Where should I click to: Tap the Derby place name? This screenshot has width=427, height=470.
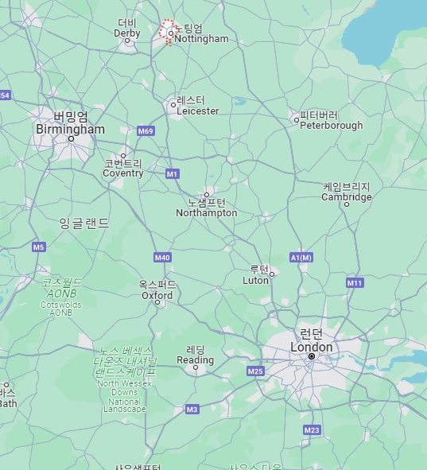point(127,33)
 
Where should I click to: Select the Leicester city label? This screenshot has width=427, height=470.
point(197,111)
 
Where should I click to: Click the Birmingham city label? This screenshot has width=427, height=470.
point(70,129)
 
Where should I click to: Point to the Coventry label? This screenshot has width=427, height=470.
point(123,173)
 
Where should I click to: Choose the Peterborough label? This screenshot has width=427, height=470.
point(331,125)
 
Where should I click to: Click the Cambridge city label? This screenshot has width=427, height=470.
point(347,196)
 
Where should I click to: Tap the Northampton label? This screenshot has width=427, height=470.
point(207,212)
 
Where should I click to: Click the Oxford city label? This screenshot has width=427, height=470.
point(157,295)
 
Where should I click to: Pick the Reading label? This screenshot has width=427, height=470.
point(195,359)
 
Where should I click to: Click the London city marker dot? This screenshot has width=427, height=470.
point(312,356)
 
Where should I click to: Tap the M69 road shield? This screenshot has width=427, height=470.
point(145,130)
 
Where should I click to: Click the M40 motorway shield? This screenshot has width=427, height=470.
point(162,257)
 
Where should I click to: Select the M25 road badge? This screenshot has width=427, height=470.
point(255,371)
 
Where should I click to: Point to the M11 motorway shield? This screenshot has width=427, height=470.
point(355,282)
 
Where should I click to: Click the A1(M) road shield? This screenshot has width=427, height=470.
point(301,257)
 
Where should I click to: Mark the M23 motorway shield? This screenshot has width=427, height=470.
point(312,429)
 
